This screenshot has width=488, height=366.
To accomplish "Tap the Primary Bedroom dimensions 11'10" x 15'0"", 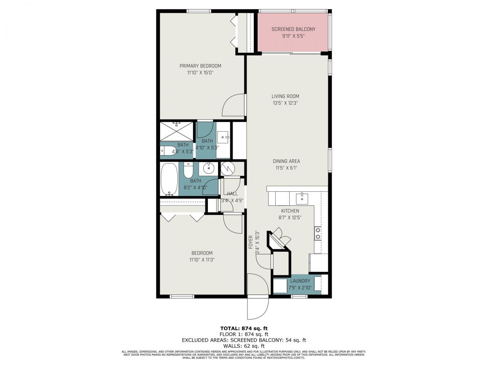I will coord(200,72).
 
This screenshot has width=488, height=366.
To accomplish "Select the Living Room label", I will coord(285,96).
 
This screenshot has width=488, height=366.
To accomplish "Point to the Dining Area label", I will coord(286,161).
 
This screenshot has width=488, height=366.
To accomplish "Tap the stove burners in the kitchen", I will coord(317,233).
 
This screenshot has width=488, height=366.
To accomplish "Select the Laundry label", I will coord(300,281).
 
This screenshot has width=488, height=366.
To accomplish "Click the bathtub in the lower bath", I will coord(169,179).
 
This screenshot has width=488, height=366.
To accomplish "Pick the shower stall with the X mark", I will coord(176,132).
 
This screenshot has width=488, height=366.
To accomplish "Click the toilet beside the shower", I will coord(167,151).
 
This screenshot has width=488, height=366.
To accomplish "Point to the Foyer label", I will coord(250,242).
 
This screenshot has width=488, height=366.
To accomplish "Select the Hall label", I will coord(232,194).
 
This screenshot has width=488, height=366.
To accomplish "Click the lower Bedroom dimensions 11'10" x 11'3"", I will coord(202,260).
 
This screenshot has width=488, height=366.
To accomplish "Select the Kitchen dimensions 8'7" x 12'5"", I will coord(290,218).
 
